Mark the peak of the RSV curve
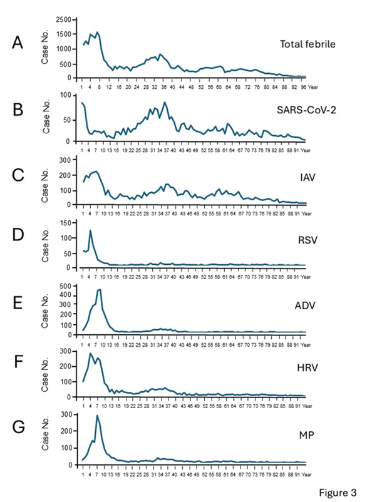coord(90,230)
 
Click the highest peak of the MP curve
coord(97,415)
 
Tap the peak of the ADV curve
coord(100,289)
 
